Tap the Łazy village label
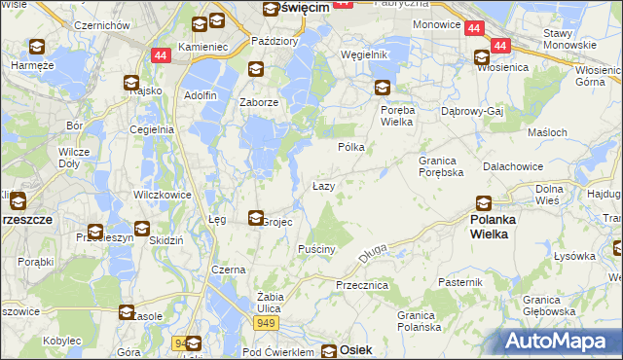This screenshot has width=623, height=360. click(x=324, y=185)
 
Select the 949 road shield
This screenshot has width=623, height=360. click(x=265, y=321)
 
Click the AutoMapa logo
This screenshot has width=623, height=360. click(x=560, y=342)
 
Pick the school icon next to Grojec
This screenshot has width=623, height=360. click(x=256, y=218)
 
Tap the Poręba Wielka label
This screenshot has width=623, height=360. click(x=397, y=116)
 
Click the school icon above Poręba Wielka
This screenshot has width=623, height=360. click(x=383, y=88)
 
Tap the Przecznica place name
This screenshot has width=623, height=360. click(x=362, y=285)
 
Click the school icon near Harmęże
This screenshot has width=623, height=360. click(x=36, y=47)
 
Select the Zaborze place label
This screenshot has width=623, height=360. click(x=260, y=102)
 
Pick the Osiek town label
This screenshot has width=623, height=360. click(x=355, y=349)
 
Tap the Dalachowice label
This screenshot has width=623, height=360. click(x=512, y=166)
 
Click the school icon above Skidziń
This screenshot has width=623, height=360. click(x=142, y=230)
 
